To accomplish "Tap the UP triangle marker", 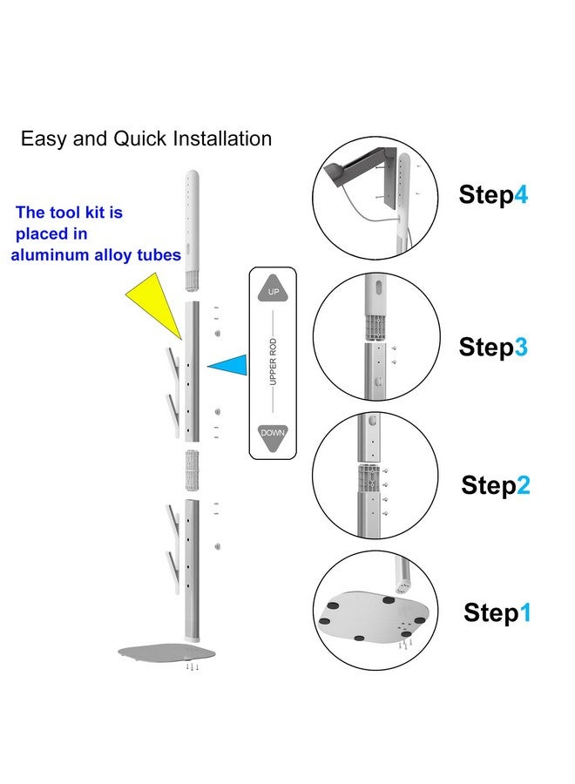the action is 273,289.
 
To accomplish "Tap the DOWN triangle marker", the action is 273,436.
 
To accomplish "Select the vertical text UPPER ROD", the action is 273,362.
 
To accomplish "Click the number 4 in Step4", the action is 521,194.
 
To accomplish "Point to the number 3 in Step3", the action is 521,347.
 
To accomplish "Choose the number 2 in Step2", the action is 523,485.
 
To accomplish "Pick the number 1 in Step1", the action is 525,612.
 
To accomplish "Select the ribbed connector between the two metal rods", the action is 192,470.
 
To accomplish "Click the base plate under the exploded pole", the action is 166,652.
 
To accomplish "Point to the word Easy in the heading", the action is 44,139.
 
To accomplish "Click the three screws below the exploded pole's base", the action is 192,667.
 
